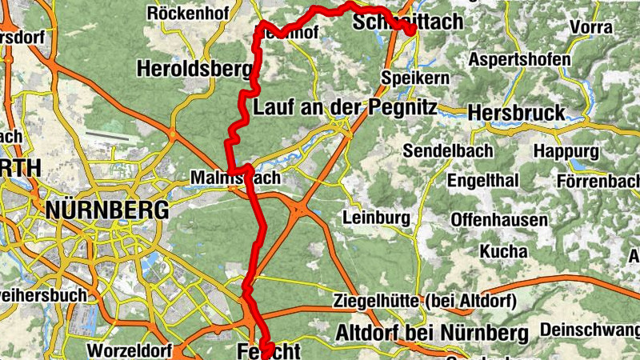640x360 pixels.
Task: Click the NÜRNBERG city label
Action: (108, 210)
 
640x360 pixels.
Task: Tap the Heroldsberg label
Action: (194, 69)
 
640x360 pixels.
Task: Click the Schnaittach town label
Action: (408, 22)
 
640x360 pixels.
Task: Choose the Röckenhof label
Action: (188, 13)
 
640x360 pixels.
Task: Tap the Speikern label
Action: (416, 78)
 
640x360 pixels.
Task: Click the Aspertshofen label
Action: (519, 60)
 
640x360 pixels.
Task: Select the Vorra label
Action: (591, 27)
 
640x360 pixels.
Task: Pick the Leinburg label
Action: (376, 217)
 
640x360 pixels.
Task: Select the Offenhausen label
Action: (499, 219)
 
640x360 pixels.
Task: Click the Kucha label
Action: (503, 251)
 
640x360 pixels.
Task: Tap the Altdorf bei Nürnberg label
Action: (433, 332)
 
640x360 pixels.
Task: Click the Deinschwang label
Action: (590, 330)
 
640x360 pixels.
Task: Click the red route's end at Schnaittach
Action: (410, 30)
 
